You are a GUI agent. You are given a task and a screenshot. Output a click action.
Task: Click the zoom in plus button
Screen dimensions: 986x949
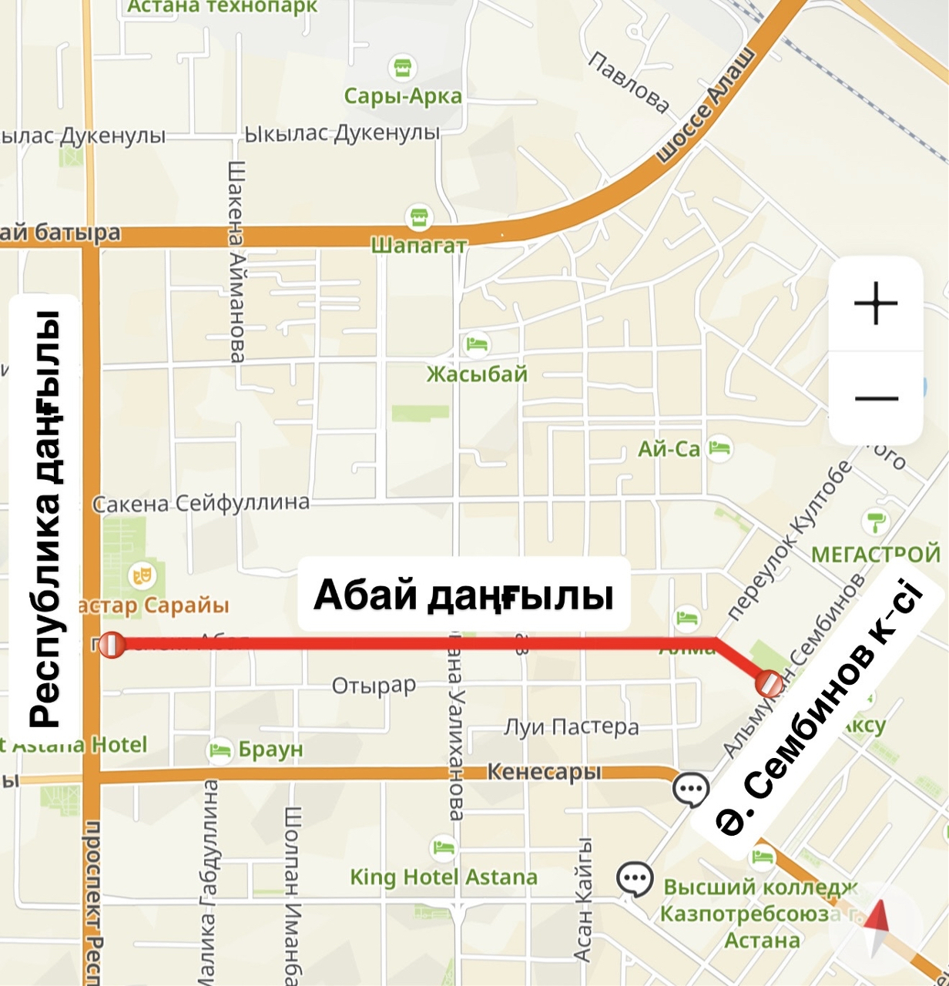tap(876, 304)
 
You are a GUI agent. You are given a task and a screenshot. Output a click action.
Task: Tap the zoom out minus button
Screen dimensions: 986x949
tap(876, 398)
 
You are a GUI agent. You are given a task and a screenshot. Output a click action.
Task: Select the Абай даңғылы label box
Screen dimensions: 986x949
tap(464, 595)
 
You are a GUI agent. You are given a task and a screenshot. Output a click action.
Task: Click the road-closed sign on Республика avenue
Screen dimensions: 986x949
tap(112, 645)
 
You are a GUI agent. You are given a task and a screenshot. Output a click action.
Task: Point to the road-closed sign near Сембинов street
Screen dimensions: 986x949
tap(769, 682)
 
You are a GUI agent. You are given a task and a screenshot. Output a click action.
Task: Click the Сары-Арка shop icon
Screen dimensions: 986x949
tap(401, 69)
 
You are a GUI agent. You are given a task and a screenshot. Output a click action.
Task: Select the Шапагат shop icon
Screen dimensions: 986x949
tap(418, 217)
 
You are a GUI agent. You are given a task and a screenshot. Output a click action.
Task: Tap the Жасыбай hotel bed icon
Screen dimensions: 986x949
tap(477, 344)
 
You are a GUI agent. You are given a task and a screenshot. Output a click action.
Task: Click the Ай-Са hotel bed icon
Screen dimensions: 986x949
tap(719, 448)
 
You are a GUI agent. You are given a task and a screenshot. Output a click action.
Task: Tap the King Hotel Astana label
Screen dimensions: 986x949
tap(443, 877)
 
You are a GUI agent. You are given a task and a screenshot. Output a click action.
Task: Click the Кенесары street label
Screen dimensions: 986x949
tap(544, 772)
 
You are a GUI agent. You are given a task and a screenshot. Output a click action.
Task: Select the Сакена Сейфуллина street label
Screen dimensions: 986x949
tap(201, 504)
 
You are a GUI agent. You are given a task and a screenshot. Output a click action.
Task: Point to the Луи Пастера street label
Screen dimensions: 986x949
tap(571, 726)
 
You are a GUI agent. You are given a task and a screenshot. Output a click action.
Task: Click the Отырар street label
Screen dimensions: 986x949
tap(374, 685)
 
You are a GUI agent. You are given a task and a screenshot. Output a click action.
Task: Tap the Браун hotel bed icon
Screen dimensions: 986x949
tap(220, 749)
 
